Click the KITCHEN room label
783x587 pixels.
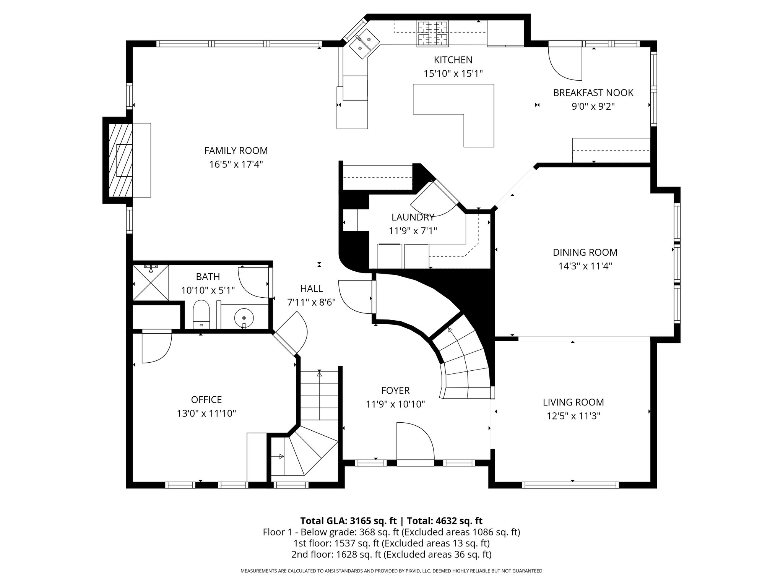pos(453,60)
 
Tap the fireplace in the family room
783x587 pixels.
pos(121,160)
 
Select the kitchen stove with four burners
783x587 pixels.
pos(433,34)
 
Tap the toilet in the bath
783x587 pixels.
pos(201,314)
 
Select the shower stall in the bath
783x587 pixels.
pos(151,283)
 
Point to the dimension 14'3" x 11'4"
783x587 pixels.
pos(585,266)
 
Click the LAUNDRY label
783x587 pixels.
pos(413,217)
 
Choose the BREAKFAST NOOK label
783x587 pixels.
pos(593,93)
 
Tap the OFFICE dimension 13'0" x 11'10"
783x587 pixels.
pos(206,413)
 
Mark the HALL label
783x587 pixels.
pos(311,289)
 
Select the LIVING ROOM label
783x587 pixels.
pos(573,402)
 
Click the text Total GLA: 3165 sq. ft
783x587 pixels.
pos(349,521)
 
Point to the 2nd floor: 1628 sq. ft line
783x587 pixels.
pos(391,555)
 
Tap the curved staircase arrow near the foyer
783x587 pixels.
pos(449,329)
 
